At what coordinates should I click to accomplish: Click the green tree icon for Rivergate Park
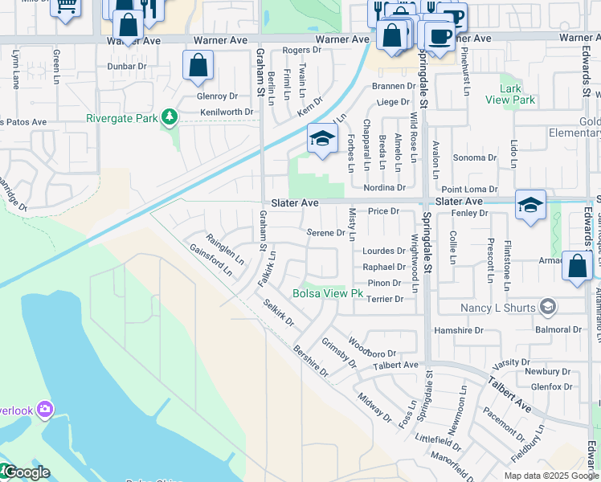(x=169, y=118)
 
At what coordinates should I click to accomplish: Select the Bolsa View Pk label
(x=327, y=294)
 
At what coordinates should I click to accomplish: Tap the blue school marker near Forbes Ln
(x=322, y=140)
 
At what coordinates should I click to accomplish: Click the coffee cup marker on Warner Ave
(x=440, y=35)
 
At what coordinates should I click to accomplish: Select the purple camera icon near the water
(x=45, y=410)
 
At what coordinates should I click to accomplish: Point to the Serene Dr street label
(x=326, y=233)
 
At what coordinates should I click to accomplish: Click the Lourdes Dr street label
(x=383, y=251)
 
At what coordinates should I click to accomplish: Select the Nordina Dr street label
(x=384, y=187)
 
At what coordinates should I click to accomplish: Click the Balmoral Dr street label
(x=558, y=330)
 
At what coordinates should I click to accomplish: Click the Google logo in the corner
(x=26, y=473)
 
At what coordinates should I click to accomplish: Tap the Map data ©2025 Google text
(x=551, y=476)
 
